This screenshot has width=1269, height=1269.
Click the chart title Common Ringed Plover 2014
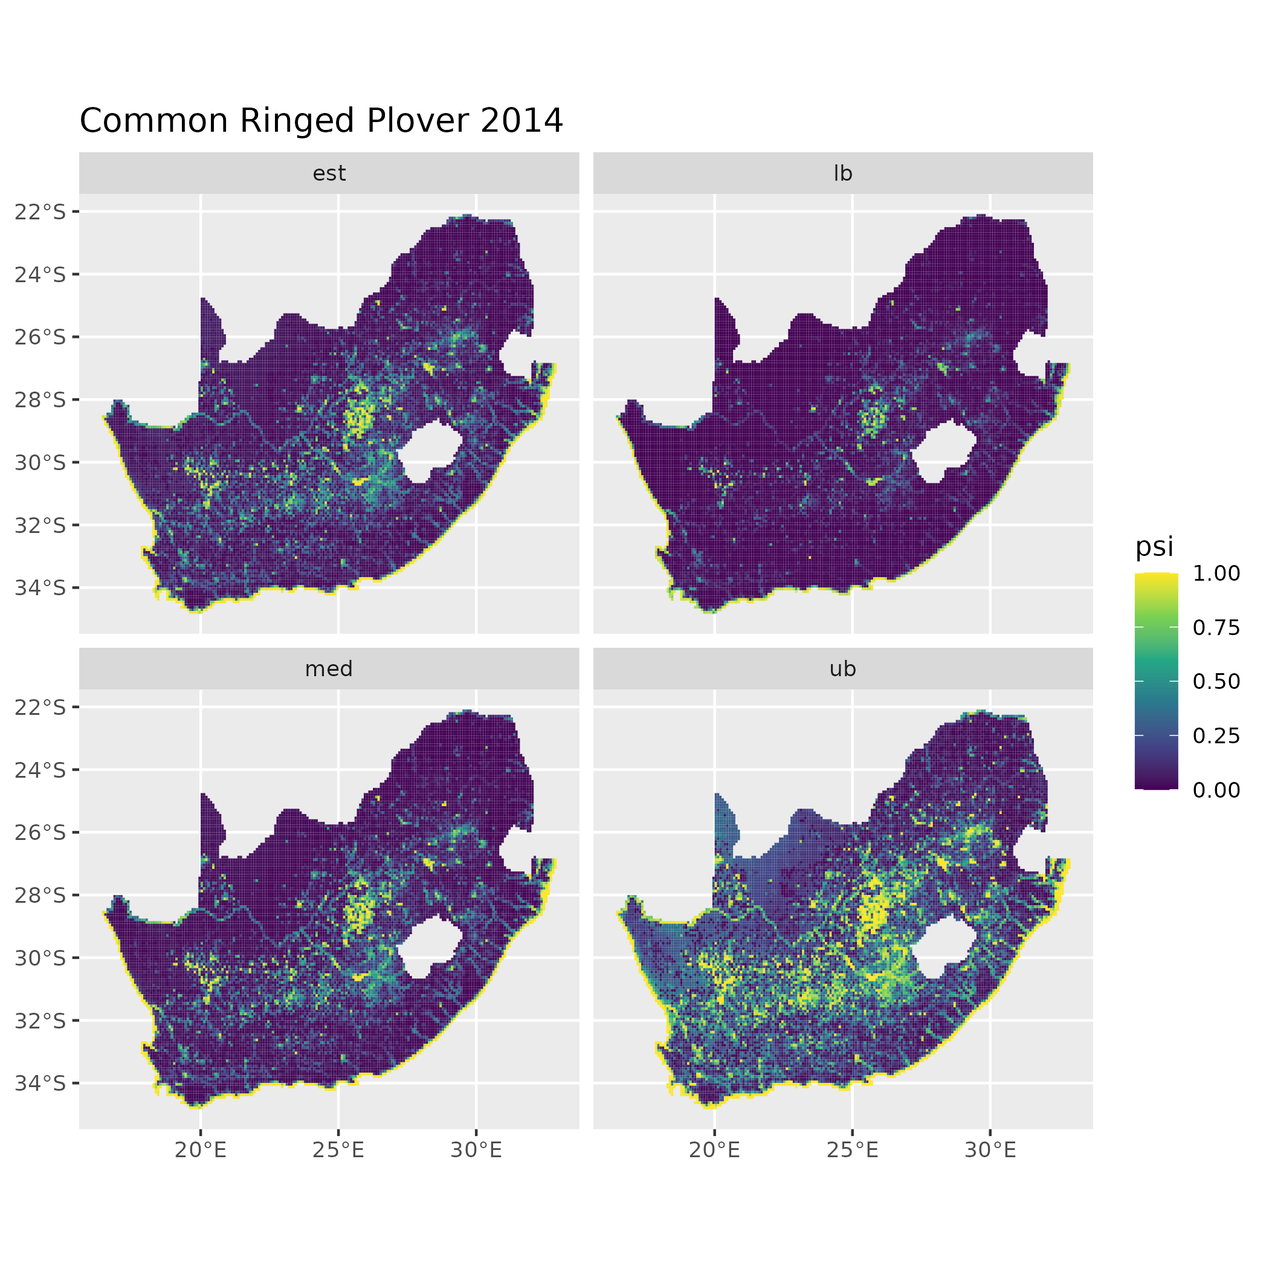[x=321, y=121]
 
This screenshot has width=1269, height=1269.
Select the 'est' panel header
[x=329, y=173]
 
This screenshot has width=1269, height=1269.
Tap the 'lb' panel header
[x=843, y=173]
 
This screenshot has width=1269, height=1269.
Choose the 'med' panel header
[x=329, y=669]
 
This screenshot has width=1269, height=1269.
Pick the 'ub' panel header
[x=843, y=669]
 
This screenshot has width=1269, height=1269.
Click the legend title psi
[x=1154, y=546]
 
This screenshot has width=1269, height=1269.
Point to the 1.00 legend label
[x=1216, y=573]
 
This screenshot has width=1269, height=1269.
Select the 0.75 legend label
[x=1216, y=628]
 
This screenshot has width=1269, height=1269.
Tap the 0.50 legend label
[x=1216, y=682]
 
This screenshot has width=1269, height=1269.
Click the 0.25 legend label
[x=1216, y=735]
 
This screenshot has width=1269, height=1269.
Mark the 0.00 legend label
[x=1216, y=790]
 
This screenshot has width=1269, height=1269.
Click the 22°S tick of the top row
[x=40, y=211]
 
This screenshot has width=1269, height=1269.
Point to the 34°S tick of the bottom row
[x=40, y=1083]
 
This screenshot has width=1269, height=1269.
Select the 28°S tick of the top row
[x=40, y=399]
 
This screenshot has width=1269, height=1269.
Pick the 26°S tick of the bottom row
[x=40, y=832]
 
